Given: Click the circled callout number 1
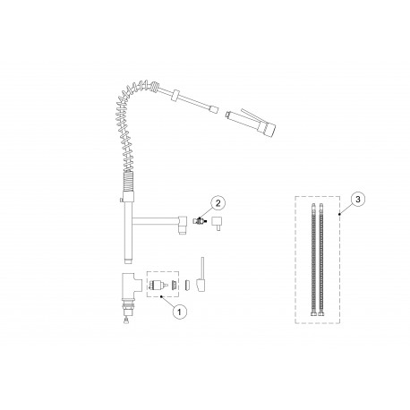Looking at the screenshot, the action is [x=179, y=312].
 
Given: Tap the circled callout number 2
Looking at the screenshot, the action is [x=218, y=203].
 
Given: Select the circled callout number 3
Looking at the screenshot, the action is [x=358, y=200].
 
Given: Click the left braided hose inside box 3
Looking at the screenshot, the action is [x=313, y=261].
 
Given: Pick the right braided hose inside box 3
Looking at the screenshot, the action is [x=321, y=261].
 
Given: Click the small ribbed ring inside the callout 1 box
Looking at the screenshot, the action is [x=175, y=284].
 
